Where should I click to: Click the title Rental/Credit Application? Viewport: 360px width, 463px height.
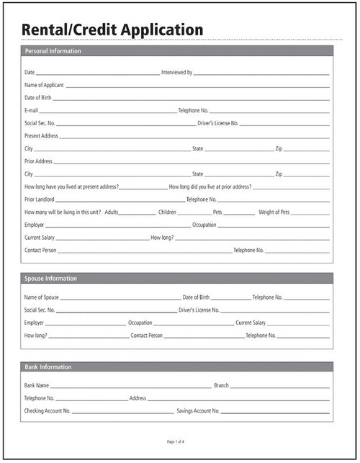point(112,30)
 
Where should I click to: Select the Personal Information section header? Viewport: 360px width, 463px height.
point(53,52)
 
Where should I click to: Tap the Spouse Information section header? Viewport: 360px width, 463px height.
point(50,279)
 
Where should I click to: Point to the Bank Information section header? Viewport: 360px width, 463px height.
point(48,367)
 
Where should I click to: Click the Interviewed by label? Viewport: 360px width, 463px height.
point(176,73)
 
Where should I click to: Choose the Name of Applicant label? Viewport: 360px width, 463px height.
point(44,85)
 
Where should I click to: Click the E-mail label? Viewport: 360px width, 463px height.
point(31,110)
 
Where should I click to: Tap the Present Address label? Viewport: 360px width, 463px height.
point(41,135)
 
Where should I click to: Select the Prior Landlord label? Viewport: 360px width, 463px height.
point(40,199)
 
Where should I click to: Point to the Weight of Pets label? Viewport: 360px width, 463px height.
point(274,212)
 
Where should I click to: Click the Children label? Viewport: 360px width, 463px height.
point(167,212)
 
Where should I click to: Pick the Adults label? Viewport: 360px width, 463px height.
point(112,212)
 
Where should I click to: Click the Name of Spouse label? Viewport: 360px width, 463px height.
point(42,297)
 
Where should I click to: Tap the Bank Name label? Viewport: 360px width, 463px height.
point(37,385)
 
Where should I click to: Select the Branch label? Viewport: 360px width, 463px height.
point(221,385)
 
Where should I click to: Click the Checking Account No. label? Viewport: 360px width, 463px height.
point(48,410)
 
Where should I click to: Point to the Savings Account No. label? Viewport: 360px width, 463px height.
point(198,410)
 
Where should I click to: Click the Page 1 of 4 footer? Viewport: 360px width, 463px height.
point(176,441)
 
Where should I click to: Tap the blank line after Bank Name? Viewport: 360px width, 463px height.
point(130,387)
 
